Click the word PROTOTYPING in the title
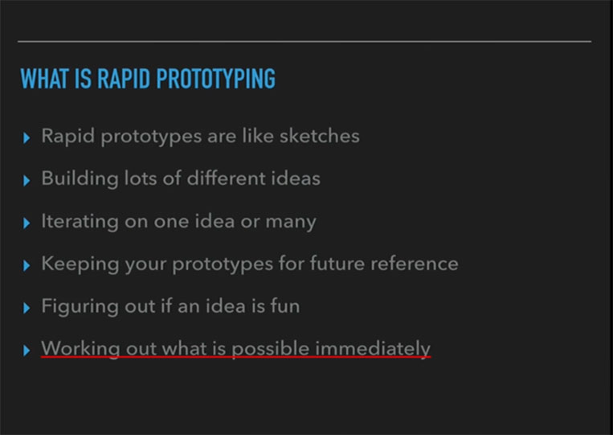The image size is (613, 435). [216, 79]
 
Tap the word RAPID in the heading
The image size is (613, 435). [124, 79]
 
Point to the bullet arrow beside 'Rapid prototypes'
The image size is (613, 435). [27, 137]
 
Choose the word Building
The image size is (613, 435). [80, 179]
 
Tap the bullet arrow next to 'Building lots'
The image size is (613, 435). [27, 180]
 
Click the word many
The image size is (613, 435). [291, 222]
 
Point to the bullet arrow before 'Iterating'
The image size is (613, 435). [27, 223]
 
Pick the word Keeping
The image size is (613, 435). [80, 264]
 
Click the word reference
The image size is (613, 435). [415, 264]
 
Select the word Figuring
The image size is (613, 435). [80, 306]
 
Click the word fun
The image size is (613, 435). [285, 306]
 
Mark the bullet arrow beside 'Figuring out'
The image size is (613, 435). [27, 308]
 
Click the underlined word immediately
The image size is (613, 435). [373, 348]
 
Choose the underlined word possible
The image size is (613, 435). [271, 348]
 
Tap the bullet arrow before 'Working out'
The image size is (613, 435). [27, 350]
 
